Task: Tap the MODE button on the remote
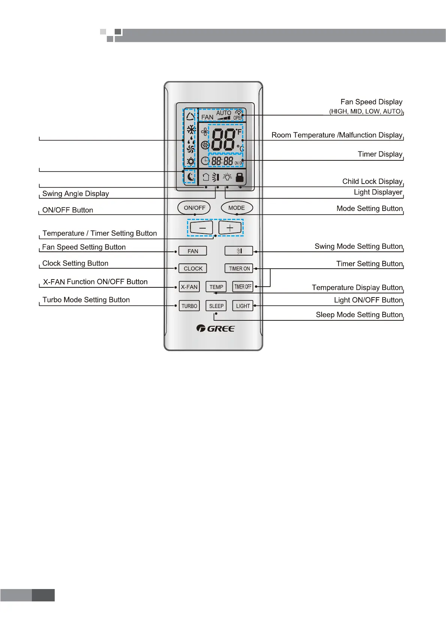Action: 236,208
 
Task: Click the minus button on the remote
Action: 202,227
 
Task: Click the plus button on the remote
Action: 230,227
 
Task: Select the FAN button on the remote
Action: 193,251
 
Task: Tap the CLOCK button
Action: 193,268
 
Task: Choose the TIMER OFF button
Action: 243,287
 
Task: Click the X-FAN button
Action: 189,287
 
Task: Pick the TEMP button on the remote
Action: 216,287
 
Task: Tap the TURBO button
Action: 189,306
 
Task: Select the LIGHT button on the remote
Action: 243,306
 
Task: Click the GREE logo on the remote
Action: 216,329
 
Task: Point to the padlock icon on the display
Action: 239,177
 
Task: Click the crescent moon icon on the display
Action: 191,176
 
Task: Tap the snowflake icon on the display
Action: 191,130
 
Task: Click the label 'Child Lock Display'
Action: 372,181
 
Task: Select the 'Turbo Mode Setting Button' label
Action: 86,300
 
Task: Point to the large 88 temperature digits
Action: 223,140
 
